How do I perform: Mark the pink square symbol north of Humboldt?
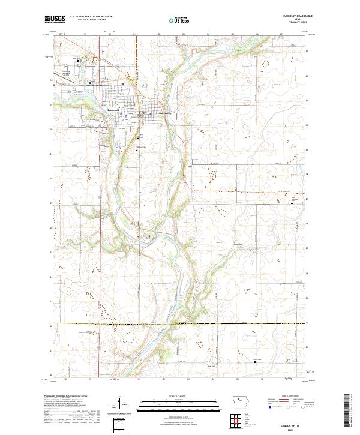124,83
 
